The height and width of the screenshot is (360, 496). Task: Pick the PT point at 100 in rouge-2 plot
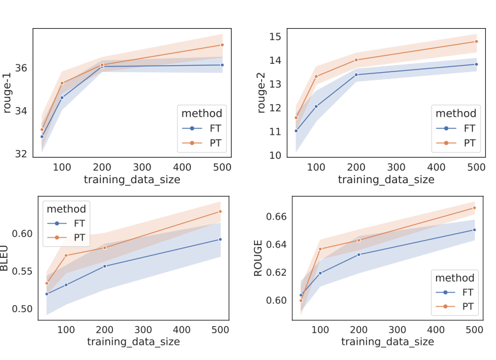pyautogui.click(x=316, y=77)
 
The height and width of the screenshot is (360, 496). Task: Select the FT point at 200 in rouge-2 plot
pyautogui.click(x=356, y=75)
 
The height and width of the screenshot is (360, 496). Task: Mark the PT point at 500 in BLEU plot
pyautogui.click(x=220, y=211)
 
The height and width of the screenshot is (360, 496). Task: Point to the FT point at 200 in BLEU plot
pyautogui.click(x=104, y=266)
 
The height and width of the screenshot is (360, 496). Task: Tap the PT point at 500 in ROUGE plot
pyautogui.click(x=474, y=207)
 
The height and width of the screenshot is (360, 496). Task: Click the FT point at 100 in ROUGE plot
pyautogui.click(x=320, y=273)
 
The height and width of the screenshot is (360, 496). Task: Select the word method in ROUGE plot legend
pyautogui.click(x=455, y=278)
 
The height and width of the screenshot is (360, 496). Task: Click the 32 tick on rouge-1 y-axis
pyautogui.click(x=23, y=154)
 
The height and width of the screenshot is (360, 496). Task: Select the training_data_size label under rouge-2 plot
pyautogui.click(x=386, y=180)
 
